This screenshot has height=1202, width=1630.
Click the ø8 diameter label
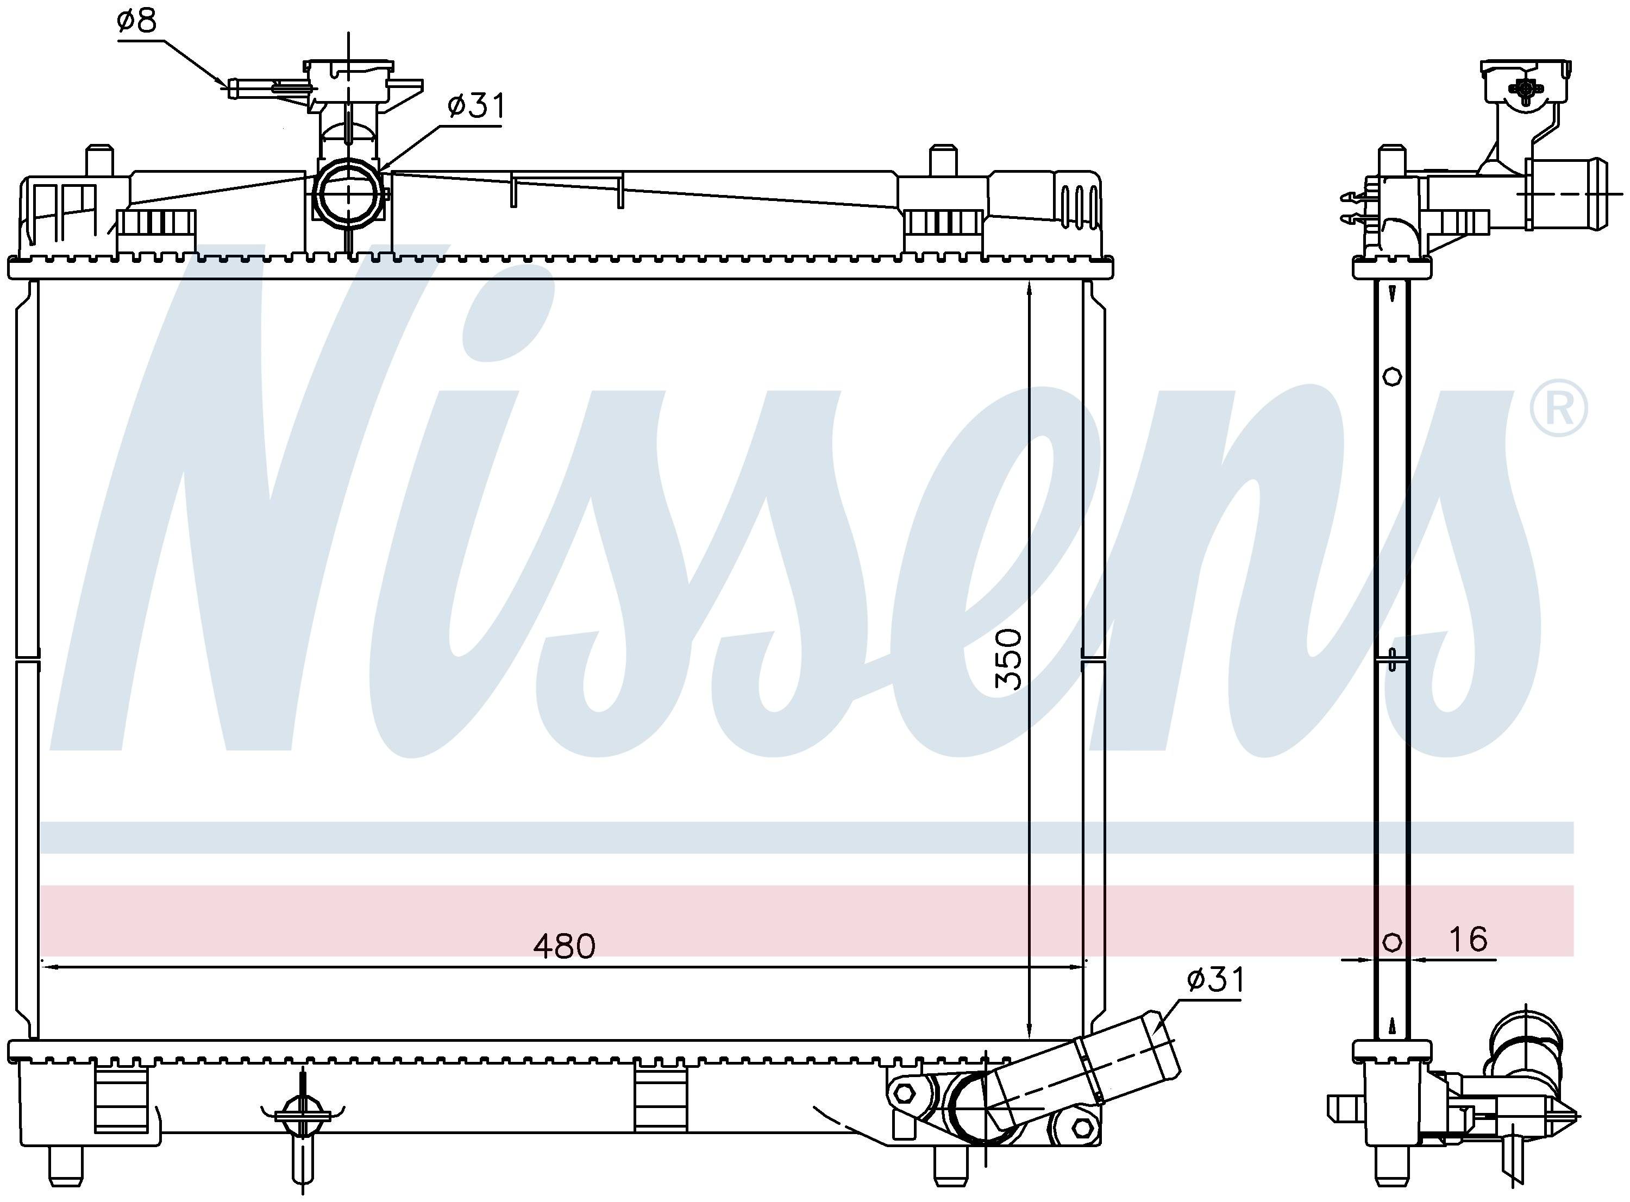click(x=136, y=22)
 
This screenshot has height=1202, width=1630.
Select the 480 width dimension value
click(x=565, y=946)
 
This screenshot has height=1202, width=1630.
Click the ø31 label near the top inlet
click(x=476, y=106)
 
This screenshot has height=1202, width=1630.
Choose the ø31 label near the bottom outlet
click(x=1216, y=979)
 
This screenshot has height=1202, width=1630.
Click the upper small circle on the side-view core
click(x=1392, y=377)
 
